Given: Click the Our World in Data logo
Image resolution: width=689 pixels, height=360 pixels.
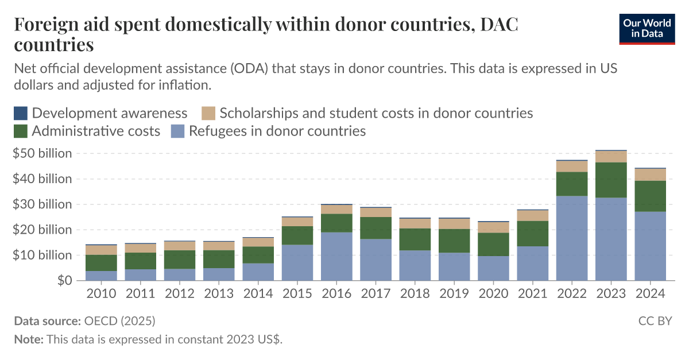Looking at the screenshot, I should pos(647,28).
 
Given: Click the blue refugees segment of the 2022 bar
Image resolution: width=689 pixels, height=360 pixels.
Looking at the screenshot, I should pos(572,238).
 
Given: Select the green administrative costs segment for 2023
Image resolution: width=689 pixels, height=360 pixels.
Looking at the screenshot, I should pos(611,180).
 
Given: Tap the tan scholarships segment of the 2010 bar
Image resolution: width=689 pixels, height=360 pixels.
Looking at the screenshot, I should pos(101,250).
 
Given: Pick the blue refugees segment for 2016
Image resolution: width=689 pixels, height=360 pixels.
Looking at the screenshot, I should pos(336,256).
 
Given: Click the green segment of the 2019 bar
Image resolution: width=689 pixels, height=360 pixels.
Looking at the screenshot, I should pos(454,241).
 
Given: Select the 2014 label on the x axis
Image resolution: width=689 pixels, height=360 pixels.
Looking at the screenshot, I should pos(258,293).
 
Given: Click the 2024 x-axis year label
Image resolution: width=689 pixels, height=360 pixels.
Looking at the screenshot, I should pos(650,293).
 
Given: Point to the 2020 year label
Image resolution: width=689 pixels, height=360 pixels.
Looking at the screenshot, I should pos(493,293).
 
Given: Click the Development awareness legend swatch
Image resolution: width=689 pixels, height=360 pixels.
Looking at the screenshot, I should pos(21,113).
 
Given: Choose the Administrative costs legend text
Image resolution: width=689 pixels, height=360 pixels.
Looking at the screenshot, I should pos(96,131).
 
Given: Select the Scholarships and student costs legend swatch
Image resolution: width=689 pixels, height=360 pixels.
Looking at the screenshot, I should pos(208,113).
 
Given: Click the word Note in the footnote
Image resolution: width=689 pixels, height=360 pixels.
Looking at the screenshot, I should pos(28,339).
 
